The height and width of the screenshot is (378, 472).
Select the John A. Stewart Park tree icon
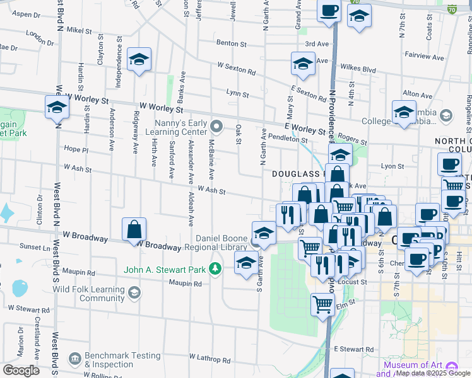216,270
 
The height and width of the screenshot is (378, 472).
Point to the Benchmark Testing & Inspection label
123,360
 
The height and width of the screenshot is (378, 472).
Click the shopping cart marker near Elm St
322,304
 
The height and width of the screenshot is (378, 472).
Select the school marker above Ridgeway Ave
139,59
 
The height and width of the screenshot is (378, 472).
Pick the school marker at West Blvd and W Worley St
57,106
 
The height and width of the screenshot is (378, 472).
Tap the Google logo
21,370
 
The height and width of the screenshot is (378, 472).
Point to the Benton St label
231,44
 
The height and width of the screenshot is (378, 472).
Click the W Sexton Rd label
237,69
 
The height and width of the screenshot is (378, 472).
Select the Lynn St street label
237,93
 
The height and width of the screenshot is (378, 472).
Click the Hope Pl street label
76,149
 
